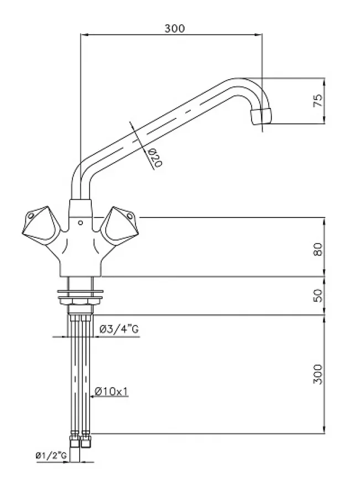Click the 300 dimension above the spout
[x=174, y=29]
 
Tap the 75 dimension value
[x=318, y=100]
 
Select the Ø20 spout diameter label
[x=155, y=158]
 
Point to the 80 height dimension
[x=318, y=249]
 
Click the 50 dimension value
[x=318, y=295]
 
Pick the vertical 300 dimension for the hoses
[x=318, y=374]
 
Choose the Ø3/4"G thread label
[x=119, y=329]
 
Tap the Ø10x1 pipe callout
[x=111, y=392]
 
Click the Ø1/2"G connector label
[x=51, y=456]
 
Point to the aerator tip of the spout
[x=261, y=116]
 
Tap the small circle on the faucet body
[x=80, y=223]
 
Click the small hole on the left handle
[x=30, y=216]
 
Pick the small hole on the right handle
[x=129, y=216]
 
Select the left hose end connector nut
[x=74, y=441]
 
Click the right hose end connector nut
[x=86, y=441]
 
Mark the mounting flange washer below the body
[x=80, y=291]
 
